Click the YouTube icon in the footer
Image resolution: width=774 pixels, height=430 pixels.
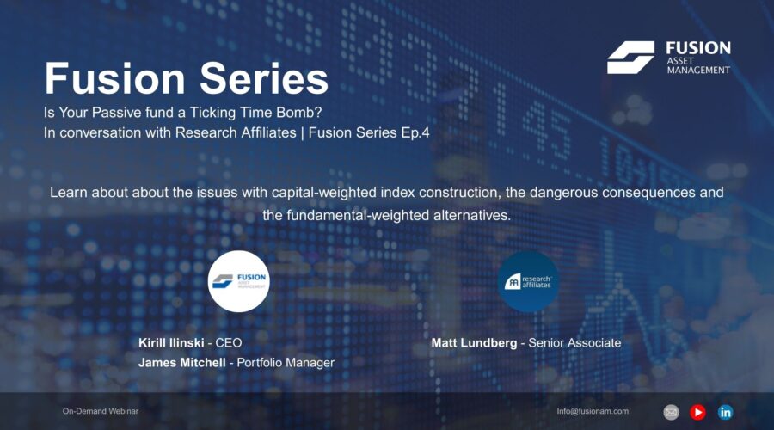[697, 412]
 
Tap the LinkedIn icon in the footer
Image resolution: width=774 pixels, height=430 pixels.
[725, 412]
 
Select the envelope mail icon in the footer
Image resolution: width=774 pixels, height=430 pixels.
[671, 412]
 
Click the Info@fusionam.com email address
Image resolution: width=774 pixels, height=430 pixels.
[593, 412]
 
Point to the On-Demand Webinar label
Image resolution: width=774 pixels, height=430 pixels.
[100, 412]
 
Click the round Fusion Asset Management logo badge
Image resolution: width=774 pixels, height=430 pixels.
[239, 280]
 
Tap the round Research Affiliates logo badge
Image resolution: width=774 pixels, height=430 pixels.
[528, 280]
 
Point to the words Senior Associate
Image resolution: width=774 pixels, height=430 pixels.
[574, 343]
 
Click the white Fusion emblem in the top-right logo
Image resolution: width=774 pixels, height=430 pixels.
[630, 58]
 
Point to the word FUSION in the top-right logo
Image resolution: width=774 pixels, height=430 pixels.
[697, 48]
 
